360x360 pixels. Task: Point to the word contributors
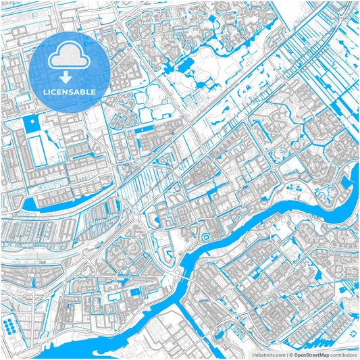tap(344, 354)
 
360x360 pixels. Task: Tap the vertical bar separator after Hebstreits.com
tap(285, 354)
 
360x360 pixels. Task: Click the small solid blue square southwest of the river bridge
tap(134, 290)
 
